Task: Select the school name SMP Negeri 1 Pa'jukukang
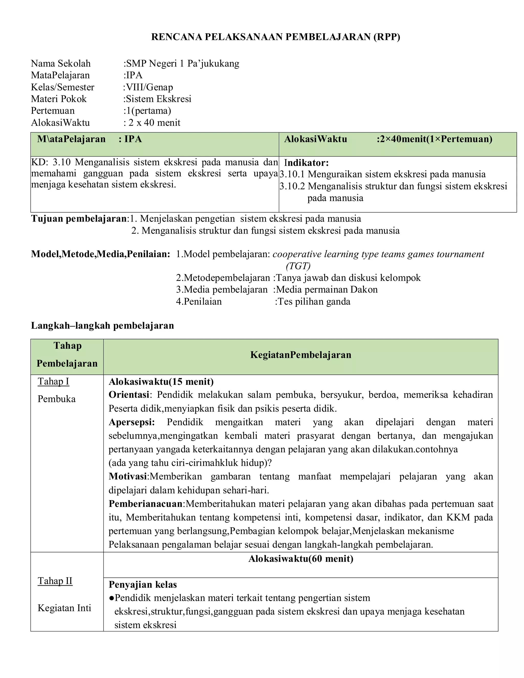pyautogui.click(x=182, y=63)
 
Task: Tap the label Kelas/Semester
pyautogui.click(x=62, y=87)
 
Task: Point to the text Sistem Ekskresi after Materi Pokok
pyautogui.click(x=158, y=99)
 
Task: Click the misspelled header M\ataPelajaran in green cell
pyautogui.click(x=71, y=139)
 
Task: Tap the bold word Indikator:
pyautogui.click(x=306, y=163)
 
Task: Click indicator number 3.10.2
pyautogui.click(x=292, y=186)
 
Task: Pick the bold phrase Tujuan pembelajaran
pyautogui.click(x=79, y=219)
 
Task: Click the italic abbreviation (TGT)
pyautogui.click(x=298, y=266)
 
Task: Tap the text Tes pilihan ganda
pyautogui.click(x=313, y=302)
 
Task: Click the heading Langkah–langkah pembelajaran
pyautogui.click(x=102, y=326)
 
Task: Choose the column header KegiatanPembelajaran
pyautogui.click(x=300, y=355)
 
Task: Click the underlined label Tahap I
pyautogui.click(x=53, y=381)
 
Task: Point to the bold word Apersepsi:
pyautogui.click(x=132, y=422)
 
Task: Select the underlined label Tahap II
pyautogui.click(x=55, y=581)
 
